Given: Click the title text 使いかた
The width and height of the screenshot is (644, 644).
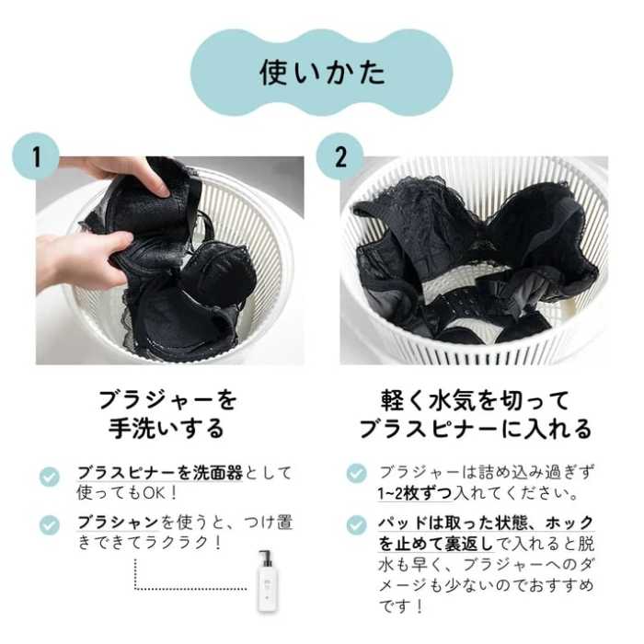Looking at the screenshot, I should [321, 72].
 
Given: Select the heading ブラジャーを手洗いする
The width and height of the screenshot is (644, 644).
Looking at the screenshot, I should [167, 414].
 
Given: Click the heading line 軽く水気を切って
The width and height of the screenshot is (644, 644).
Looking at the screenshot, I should [475, 400].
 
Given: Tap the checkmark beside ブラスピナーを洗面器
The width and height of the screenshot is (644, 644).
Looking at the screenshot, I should [50, 476].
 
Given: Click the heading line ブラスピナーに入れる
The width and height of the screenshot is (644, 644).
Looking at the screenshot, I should [475, 430].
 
